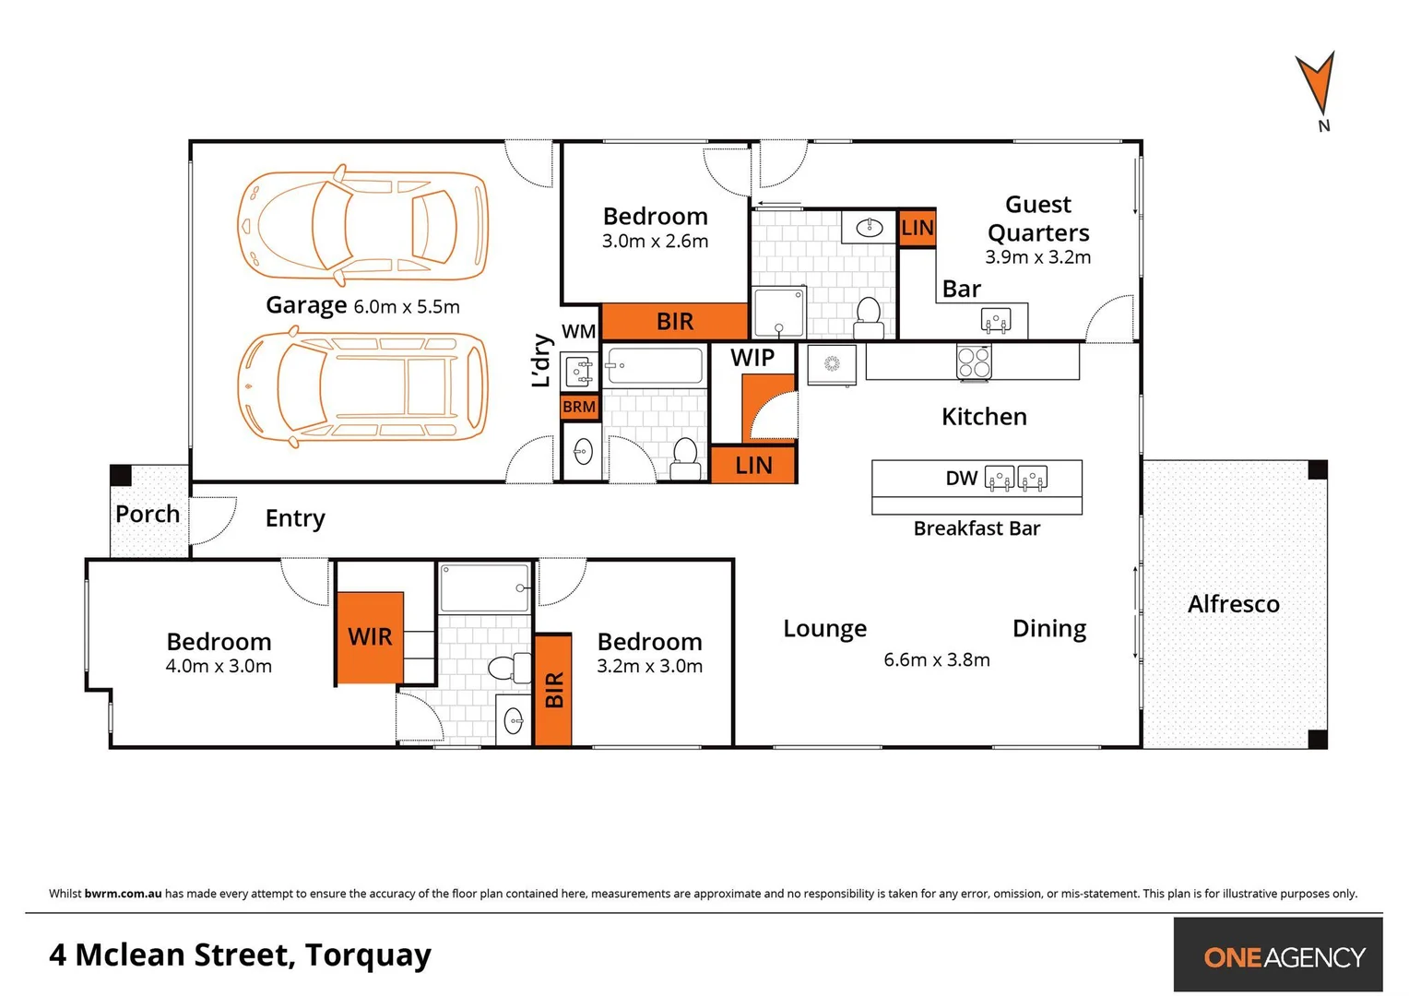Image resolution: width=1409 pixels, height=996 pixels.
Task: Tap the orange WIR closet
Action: pos(370,637)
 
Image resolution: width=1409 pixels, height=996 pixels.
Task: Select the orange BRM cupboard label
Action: pos(579,407)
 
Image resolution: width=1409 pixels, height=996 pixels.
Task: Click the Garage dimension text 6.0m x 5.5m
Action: pos(407,307)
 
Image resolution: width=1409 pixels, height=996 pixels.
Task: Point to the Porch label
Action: pos(148,514)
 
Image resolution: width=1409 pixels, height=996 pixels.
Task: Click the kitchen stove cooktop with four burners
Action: pos(974,362)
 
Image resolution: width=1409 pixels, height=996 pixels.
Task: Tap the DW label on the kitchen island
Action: pos(961,478)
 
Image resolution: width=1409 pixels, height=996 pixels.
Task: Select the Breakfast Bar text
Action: pos(977,528)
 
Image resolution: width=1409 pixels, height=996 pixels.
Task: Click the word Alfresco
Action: pos(1233,604)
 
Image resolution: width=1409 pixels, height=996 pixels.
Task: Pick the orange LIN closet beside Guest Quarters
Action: pos(918,228)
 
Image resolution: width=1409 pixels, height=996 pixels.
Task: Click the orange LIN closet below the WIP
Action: pos(753,466)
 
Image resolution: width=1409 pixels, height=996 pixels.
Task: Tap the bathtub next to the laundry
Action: pos(654,366)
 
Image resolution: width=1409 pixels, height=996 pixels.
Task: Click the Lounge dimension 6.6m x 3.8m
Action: pos(936,660)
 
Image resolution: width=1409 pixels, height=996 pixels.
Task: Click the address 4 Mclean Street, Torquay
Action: pos(240,954)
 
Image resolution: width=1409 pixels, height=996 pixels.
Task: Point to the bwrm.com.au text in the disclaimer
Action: pos(123,894)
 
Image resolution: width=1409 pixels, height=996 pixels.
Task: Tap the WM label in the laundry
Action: pos(579,331)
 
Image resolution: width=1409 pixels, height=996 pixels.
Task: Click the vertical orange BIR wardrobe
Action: pos(553,689)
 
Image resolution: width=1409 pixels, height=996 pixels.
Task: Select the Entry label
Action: pos(295,518)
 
